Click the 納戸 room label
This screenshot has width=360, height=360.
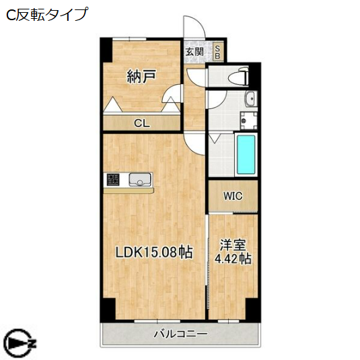coord(141,77)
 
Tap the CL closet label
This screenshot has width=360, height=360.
coord(141,123)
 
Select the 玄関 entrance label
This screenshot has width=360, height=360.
coord(195,52)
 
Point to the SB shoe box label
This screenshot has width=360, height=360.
coord(219,52)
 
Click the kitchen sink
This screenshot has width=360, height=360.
coord(139,180)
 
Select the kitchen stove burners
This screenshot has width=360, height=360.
coord(112,180)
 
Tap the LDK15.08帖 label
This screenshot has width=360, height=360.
coord(154,253)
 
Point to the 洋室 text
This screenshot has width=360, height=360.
coord(232,245)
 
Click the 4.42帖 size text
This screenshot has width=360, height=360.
coord(232,258)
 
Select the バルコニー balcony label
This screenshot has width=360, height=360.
coord(180,334)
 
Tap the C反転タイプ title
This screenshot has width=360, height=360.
coord(46,14)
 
